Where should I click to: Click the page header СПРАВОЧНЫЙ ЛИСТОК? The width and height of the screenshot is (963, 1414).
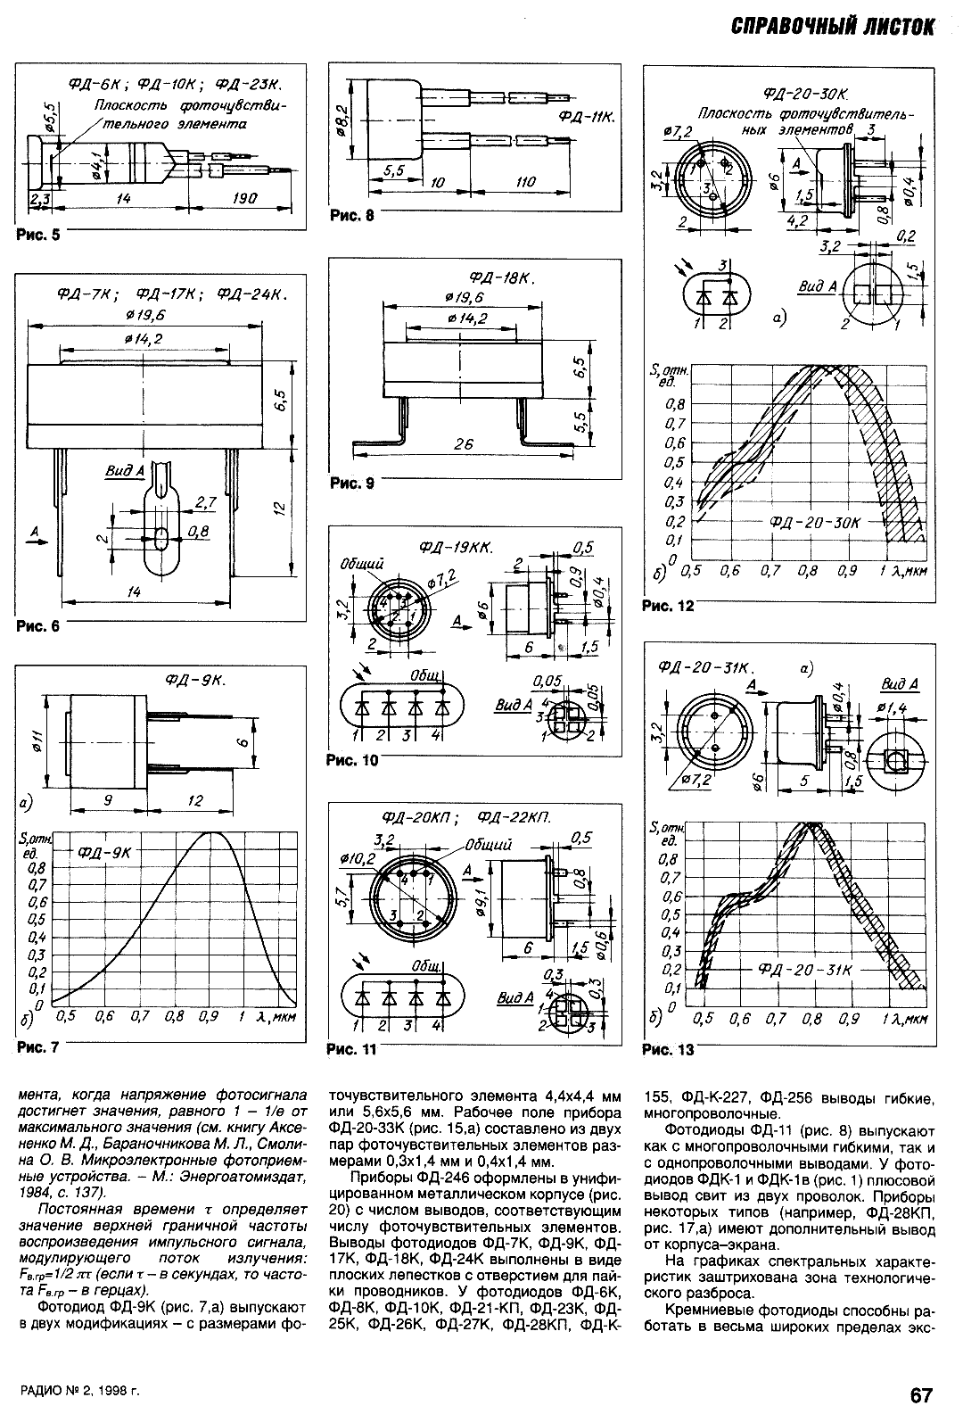(832, 27)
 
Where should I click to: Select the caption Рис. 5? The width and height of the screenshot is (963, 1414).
(37, 236)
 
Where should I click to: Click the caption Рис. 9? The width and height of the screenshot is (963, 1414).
(352, 484)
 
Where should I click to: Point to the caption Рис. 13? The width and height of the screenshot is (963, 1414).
(668, 1049)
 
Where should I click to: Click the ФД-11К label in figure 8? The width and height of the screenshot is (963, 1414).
(588, 117)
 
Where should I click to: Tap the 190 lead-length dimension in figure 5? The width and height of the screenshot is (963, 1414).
(241, 198)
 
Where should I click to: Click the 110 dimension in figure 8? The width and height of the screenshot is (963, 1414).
(525, 181)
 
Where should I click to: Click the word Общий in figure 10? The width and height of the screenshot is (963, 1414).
(361, 564)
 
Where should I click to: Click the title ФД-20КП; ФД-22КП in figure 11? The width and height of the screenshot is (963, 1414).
(466, 817)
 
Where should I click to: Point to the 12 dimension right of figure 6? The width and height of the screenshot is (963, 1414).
(278, 507)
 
